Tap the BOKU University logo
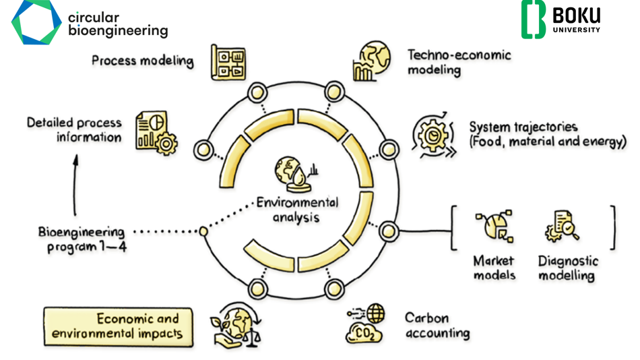[561, 20]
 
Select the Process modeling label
[142, 61]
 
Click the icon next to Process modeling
[228, 62]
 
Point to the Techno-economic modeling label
[459, 62]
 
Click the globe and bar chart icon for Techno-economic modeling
[371, 62]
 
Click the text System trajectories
[523, 127]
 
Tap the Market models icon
[494, 227]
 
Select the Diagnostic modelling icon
[563, 226]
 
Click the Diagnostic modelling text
[567, 268]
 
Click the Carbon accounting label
[437, 324]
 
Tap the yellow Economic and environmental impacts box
[119, 326]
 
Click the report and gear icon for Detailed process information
[156, 131]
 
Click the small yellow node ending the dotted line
[203, 231]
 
